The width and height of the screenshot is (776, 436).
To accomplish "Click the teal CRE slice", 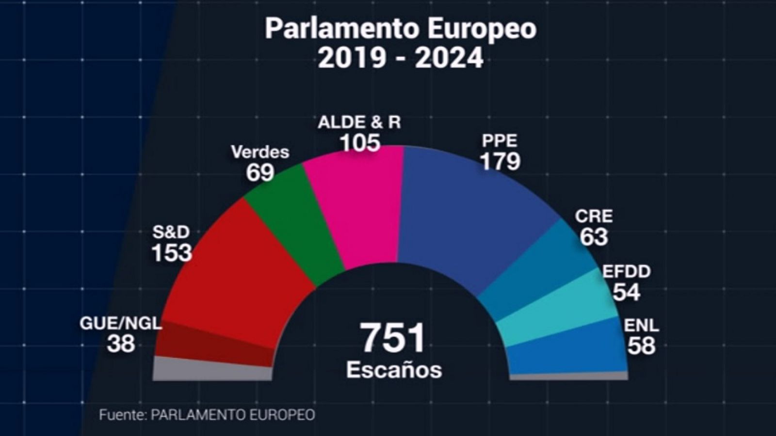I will (x=543, y=271).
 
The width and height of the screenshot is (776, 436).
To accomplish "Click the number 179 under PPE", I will (x=500, y=161).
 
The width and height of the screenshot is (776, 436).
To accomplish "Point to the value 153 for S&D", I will (x=172, y=253).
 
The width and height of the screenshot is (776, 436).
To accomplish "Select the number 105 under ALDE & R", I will (x=360, y=143).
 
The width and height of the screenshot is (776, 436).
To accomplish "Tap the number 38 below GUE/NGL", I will (x=121, y=344).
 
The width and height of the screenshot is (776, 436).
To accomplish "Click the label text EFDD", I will (x=626, y=272).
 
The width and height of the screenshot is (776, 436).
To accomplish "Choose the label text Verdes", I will (x=260, y=152).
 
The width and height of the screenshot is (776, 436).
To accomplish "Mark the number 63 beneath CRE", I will (x=594, y=237).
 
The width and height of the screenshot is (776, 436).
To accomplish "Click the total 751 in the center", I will (x=393, y=338).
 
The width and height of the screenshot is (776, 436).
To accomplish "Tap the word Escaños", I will (x=394, y=370).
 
